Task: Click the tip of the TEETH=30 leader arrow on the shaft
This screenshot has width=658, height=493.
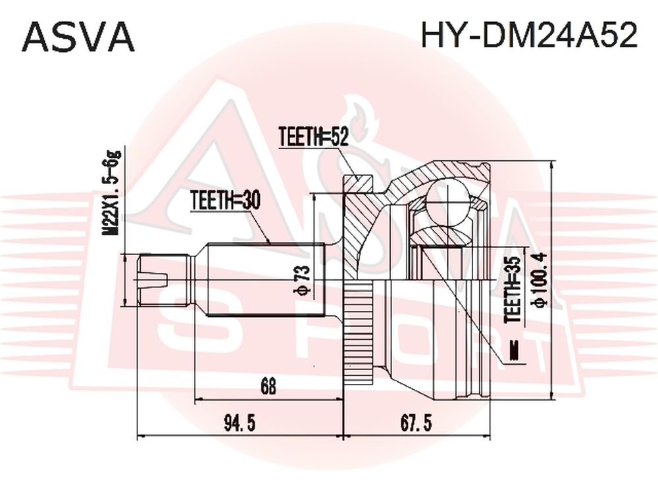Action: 270,244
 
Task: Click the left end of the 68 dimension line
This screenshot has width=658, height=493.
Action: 195,400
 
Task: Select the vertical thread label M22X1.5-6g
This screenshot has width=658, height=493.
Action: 113,194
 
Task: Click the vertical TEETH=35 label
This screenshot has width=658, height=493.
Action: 513,290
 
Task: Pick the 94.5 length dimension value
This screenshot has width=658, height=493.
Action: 240,423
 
